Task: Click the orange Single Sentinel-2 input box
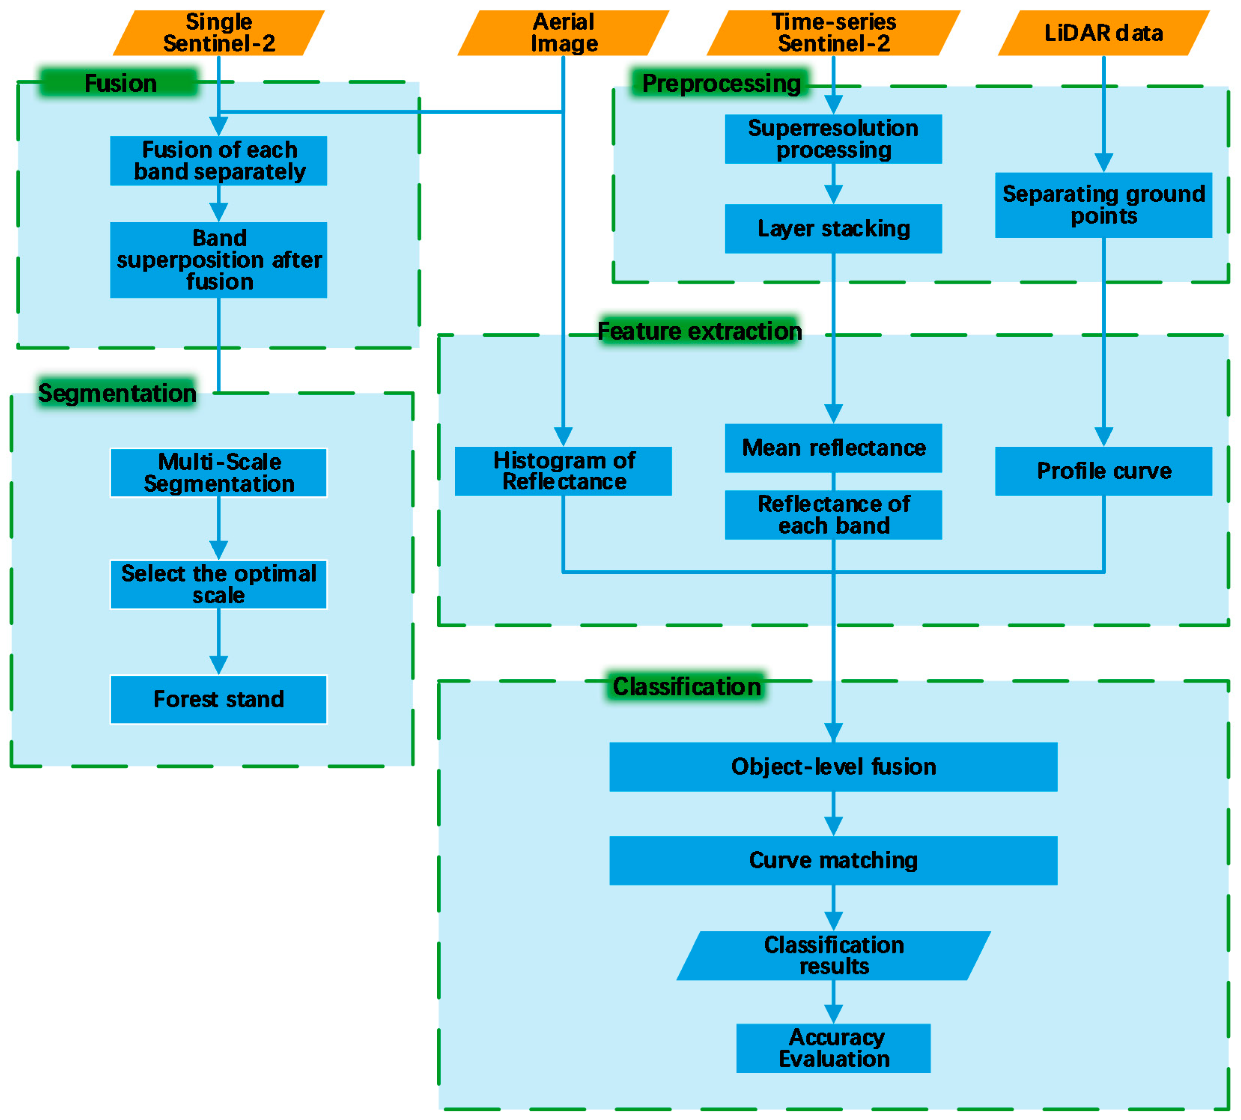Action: point(219,33)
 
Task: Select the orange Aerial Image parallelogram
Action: point(563,33)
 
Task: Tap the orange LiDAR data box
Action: point(1103,33)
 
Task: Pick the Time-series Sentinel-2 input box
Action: point(833,33)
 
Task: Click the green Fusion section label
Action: point(120,83)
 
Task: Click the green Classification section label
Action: point(686,686)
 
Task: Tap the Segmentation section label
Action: point(117,393)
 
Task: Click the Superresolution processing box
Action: point(833,139)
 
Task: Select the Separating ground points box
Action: point(1103,205)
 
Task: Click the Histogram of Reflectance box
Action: point(563,472)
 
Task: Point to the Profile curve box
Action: point(1103,472)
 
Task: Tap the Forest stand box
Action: point(219,700)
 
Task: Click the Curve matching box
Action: point(833,860)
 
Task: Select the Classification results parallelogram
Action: point(833,956)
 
